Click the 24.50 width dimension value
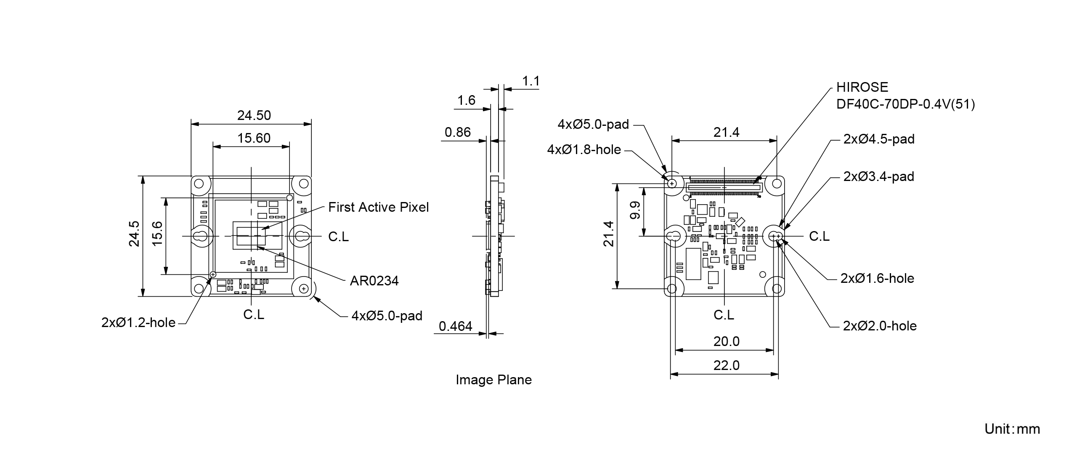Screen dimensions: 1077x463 pyautogui.click(x=254, y=115)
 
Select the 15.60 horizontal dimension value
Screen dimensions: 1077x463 pyautogui.click(x=254, y=138)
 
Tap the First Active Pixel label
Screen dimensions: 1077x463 pyautogui.click(x=379, y=207)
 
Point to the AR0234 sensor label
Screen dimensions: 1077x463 pyautogui.click(x=374, y=281)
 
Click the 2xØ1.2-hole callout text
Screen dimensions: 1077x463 pyautogui.click(x=138, y=322)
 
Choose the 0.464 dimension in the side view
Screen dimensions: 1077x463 pyautogui.click(x=456, y=326)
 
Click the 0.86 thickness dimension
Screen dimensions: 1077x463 pyautogui.click(x=458, y=132)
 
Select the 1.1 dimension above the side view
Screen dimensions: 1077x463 pyautogui.click(x=531, y=81)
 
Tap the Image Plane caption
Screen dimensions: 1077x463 pyautogui.click(x=494, y=380)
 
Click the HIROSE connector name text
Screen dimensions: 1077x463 pyautogui.click(x=862, y=87)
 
